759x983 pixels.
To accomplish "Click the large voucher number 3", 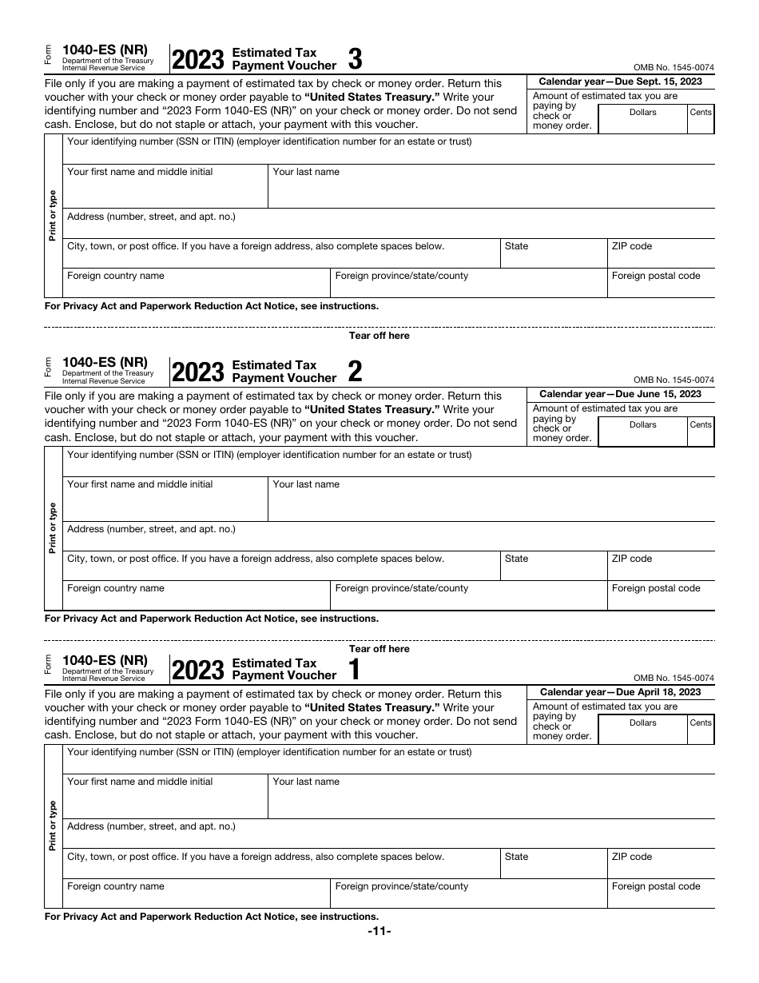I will [356, 59].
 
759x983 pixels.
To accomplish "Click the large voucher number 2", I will [356, 372].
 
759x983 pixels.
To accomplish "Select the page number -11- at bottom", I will [379, 932].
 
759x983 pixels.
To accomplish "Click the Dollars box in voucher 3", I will [642, 118].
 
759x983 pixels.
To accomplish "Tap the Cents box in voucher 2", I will [701, 431].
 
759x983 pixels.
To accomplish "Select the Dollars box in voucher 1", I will [642, 729].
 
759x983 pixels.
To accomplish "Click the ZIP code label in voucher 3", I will [632, 246].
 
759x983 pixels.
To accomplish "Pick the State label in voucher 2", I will [516, 559].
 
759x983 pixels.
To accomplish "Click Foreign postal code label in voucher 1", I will [656, 886].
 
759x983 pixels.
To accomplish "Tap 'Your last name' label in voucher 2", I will [306, 484].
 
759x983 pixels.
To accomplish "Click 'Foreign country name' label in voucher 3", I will [116, 276].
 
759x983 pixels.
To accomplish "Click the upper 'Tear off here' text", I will [379, 336].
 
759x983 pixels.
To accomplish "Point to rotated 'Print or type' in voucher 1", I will [53, 826].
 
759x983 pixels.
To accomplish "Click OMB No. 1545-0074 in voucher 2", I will [674, 380].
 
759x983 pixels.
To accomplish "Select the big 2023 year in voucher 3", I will [198, 61].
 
